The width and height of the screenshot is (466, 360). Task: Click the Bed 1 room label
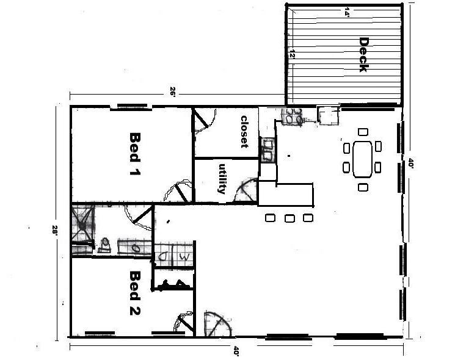point(133,154)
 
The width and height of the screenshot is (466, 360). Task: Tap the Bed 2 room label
point(134,294)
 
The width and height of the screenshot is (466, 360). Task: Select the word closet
point(244,132)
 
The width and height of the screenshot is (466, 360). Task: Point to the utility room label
point(222,179)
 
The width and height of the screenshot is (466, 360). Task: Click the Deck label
point(363,56)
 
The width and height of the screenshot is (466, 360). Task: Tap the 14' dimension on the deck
point(347,12)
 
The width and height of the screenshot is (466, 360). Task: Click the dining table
point(362,159)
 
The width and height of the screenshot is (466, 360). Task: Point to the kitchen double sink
point(268,149)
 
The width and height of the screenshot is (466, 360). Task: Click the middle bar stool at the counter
point(289,218)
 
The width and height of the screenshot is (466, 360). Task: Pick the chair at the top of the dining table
point(363,131)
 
